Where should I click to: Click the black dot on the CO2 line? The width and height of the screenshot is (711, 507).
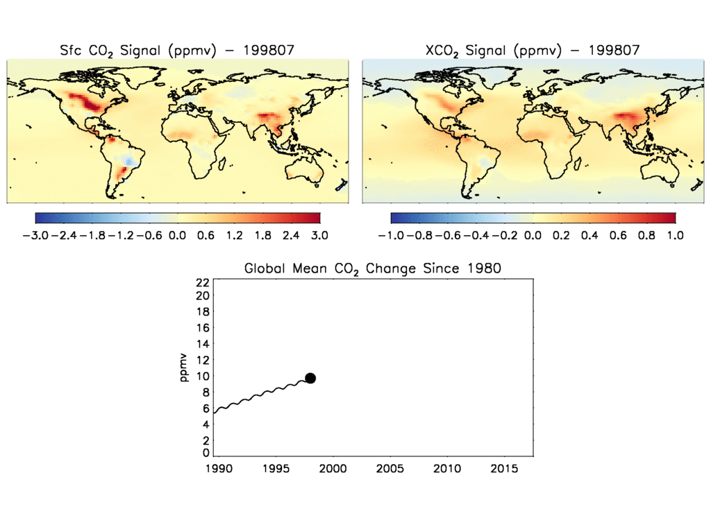click(x=310, y=378)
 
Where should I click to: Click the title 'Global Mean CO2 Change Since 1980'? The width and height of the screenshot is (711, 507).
click(x=372, y=268)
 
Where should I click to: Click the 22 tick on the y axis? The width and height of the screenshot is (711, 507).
click(x=203, y=282)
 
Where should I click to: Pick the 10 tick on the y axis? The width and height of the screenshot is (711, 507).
click(x=203, y=376)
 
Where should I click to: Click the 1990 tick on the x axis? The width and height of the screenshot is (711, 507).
click(x=216, y=470)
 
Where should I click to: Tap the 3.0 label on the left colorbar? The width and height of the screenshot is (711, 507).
click(x=320, y=235)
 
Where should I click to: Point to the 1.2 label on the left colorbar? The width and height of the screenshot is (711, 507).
click(x=234, y=235)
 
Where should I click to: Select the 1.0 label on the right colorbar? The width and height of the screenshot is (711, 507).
click(x=675, y=235)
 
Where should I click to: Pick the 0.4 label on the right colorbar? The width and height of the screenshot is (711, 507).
click(x=589, y=235)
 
